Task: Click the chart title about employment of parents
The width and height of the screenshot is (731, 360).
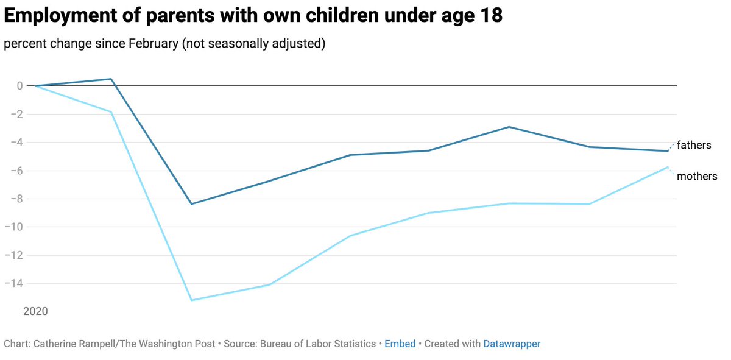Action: pos(253,16)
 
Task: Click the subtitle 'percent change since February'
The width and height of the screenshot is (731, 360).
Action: pos(164,44)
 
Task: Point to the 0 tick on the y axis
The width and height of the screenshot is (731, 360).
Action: pos(20,86)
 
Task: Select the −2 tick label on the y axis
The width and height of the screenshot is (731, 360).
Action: pos(16,114)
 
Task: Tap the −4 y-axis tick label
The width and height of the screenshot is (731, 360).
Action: pos(16,143)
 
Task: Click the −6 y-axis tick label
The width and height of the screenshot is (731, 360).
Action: pos(16,171)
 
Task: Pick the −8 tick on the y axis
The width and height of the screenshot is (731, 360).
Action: pos(16,199)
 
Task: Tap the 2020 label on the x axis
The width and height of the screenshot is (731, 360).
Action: pos(35,311)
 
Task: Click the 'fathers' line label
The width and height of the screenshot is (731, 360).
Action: pos(694,145)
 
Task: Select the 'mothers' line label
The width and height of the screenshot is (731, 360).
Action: pos(697,177)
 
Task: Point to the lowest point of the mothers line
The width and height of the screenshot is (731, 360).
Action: pos(191,300)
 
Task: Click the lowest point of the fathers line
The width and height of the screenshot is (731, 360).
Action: pos(191,204)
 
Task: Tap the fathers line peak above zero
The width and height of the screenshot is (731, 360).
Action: pos(111,79)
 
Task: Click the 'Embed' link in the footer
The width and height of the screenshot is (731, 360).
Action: pos(400,344)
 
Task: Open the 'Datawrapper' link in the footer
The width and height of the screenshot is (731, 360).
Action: pos(512,344)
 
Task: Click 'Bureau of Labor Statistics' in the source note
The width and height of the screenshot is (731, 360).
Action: pos(317,344)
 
